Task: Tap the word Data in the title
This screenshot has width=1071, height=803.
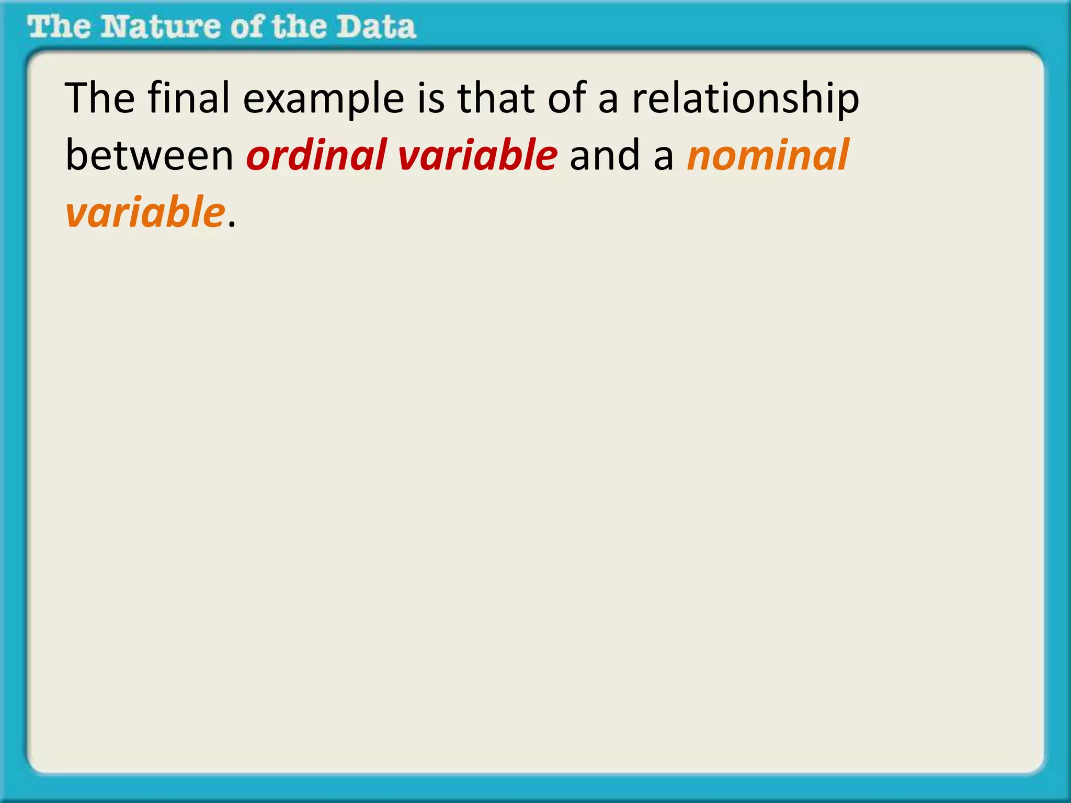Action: click(375, 27)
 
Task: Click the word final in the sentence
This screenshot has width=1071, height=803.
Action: click(189, 98)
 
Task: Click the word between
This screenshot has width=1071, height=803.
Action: click(149, 156)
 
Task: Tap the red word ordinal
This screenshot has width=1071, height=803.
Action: click(316, 156)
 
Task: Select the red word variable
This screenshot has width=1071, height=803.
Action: click(477, 156)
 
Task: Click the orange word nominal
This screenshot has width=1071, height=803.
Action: click(768, 156)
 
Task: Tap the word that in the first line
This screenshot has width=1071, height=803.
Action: click(496, 98)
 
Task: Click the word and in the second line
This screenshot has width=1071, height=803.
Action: click(605, 156)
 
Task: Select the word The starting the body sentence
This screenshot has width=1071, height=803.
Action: click(99, 98)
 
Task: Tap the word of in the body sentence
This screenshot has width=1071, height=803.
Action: click(566, 98)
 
